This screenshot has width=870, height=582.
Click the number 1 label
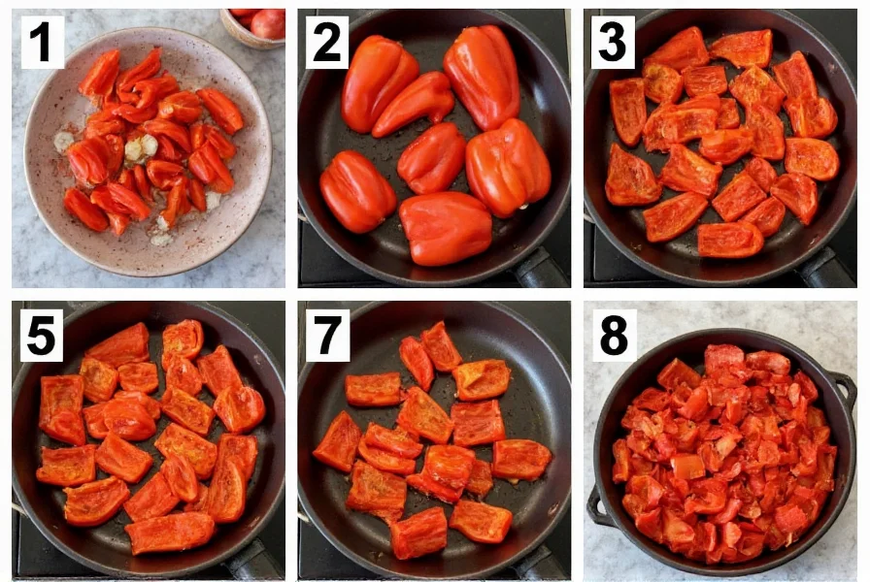pyautogui.click(x=43, y=43)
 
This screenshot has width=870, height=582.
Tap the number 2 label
pyautogui.click(x=327, y=43)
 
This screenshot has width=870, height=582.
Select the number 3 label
pyautogui.click(x=613, y=43)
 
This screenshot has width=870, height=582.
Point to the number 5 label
pyautogui.click(x=43, y=334)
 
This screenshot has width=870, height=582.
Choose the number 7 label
pyautogui.click(x=327, y=334)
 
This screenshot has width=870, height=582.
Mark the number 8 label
pyautogui.click(x=613, y=334)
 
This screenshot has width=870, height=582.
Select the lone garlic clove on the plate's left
pyautogui.click(x=63, y=142)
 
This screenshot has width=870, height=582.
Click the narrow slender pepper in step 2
pyautogui.click(x=415, y=102)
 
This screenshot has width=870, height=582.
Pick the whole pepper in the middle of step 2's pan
pyautogui.click(x=432, y=157)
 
